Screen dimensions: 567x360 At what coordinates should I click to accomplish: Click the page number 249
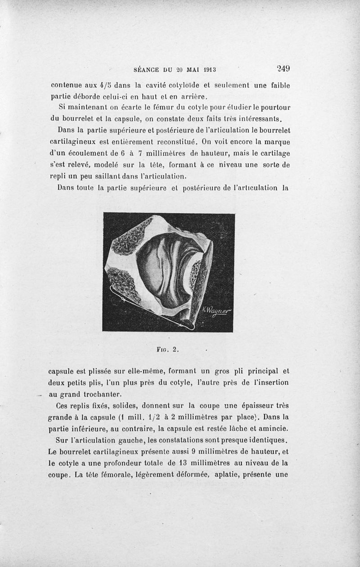(x=283, y=69)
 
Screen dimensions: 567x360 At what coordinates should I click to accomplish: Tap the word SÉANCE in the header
(x=148, y=70)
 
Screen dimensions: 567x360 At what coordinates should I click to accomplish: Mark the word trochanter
(x=101, y=394)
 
